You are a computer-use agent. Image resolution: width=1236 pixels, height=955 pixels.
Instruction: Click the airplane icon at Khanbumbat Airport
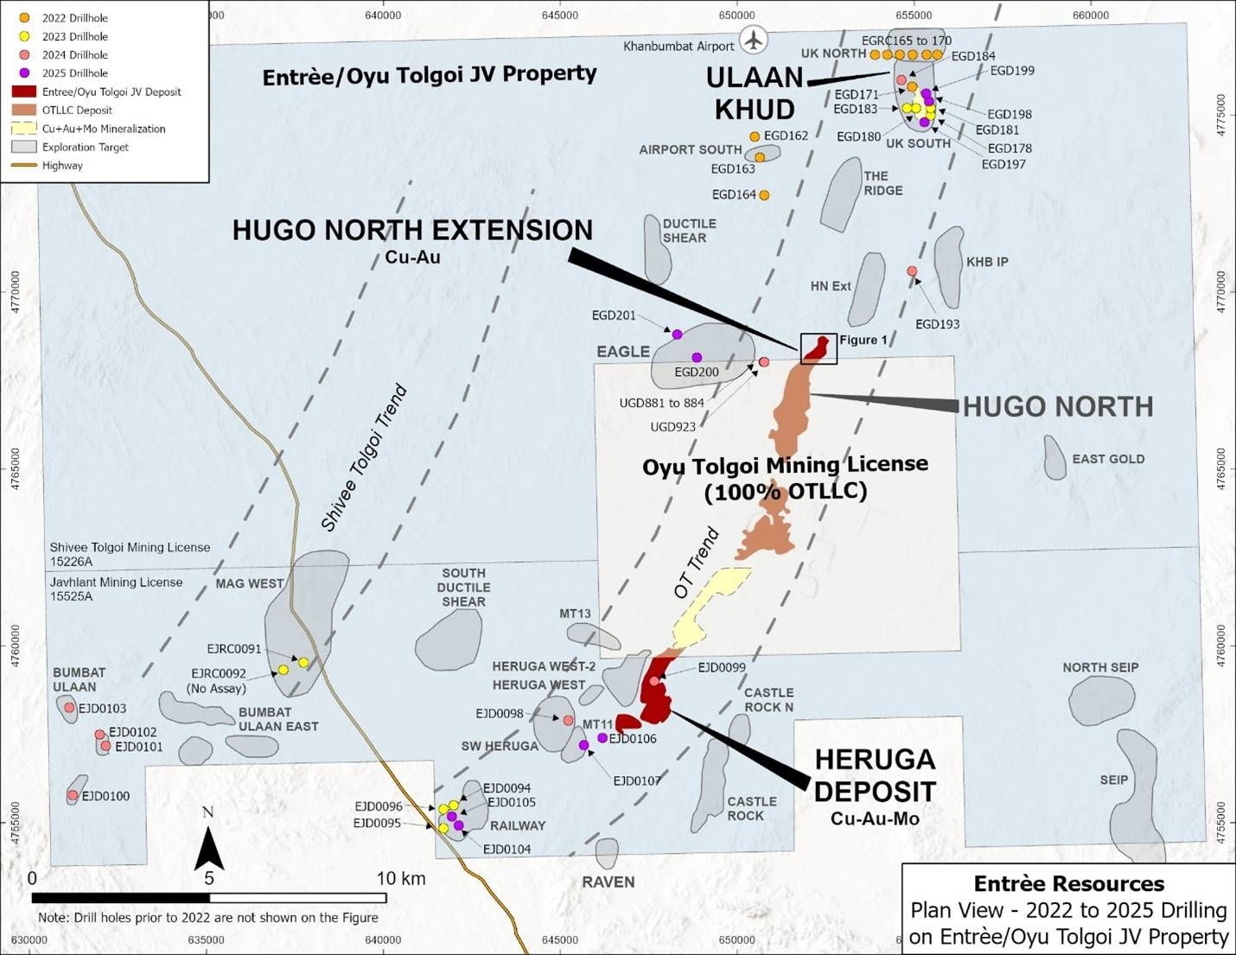(x=755, y=41)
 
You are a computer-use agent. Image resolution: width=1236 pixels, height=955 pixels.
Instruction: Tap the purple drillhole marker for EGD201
(x=677, y=334)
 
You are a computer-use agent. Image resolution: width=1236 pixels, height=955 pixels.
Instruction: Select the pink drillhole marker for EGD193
(x=912, y=271)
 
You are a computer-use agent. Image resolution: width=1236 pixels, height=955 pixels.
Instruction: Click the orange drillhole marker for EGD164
(x=764, y=195)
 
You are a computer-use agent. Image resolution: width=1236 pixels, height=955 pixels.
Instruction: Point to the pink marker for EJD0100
(x=73, y=795)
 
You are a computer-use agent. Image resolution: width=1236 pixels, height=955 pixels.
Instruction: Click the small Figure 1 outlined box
(x=819, y=348)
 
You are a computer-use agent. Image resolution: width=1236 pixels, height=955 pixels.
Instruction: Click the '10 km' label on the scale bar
(x=401, y=878)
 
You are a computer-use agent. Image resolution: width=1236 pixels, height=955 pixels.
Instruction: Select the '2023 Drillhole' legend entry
(x=75, y=36)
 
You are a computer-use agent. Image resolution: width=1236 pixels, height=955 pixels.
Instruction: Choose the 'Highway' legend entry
(x=62, y=165)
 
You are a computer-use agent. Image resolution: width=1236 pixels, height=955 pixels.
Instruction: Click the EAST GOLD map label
(x=1108, y=459)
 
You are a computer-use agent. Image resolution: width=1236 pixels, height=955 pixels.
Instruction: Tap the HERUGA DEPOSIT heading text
(x=875, y=775)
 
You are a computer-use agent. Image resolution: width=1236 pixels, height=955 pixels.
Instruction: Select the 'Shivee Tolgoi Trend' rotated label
(x=364, y=458)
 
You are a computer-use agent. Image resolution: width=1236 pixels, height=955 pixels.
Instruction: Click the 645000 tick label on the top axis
(x=560, y=15)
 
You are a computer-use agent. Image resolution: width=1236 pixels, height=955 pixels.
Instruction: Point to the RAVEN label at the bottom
(x=608, y=882)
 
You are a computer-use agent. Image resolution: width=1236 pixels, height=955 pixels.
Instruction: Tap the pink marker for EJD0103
(x=69, y=708)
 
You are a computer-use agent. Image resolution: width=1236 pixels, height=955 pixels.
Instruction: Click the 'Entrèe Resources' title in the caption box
(x=1068, y=883)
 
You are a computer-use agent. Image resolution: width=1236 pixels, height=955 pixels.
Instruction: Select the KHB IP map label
(x=987, y=262)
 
